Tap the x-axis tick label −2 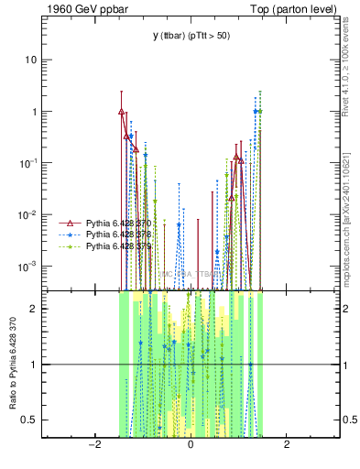pyautogui.click(x=93, y=445)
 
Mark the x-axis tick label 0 pyautogui.click(x=191, y=445)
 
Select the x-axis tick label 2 pyautogui.click(x=287, y=445)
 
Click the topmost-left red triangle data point pyautogui.click(x=122, y=112)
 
